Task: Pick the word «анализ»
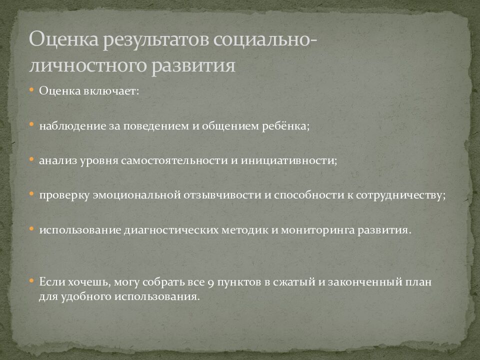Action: click(55, 161)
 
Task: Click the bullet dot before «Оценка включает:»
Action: click(31, 90)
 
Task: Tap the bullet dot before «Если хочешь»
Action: click(31, 281)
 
